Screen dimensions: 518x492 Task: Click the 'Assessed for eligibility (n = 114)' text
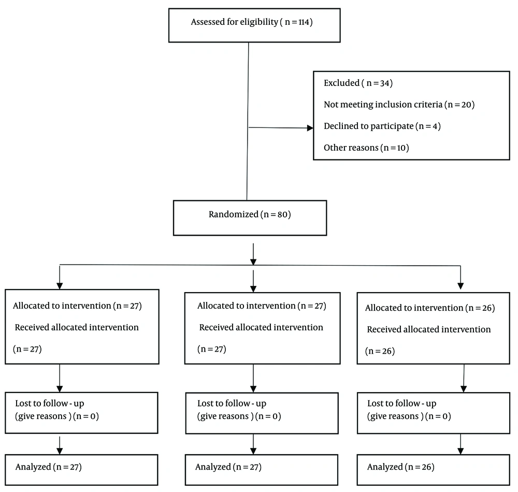tap(252, 22)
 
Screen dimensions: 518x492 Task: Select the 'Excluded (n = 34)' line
tap(358, 83)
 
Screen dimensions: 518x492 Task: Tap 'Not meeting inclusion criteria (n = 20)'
tap(399, 105)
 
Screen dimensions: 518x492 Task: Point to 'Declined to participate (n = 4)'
tap(382, 126)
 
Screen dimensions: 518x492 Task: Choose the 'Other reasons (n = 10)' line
tap(366, 148)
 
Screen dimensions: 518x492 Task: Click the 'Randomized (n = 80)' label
tap(250, 214)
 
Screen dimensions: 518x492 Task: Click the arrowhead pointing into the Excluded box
tap(310, 128)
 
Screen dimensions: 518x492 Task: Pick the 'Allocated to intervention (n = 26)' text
tap(430, 308)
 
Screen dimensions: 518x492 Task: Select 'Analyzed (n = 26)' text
tap(401, 467)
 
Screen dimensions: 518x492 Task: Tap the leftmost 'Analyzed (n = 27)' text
tap(49, 467)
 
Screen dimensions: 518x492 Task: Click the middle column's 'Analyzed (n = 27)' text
tap(228, 467)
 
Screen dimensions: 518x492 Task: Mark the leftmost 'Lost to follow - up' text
tap(50, 403)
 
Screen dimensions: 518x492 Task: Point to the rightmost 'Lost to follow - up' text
tap(402, 403)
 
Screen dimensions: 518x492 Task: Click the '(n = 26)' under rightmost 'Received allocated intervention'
tap(380, 351)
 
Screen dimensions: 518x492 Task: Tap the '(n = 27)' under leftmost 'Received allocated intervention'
tap(27, 349)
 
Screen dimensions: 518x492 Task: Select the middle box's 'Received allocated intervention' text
tap(261, 327)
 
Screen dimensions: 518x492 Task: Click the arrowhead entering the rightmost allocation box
tap(461, 286)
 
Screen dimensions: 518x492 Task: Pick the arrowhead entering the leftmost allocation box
tap(60, 286)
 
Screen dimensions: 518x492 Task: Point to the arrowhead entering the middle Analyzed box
tap(253, 451)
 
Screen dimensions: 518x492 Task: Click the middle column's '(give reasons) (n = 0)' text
tap(239, 416)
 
